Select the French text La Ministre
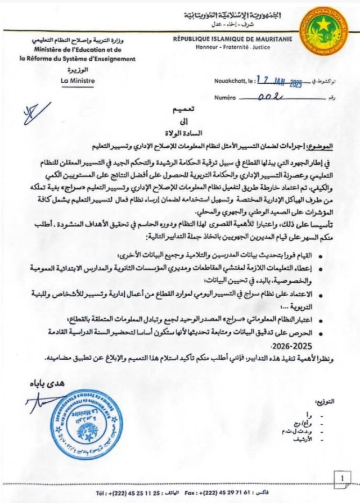tap(77, 81)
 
